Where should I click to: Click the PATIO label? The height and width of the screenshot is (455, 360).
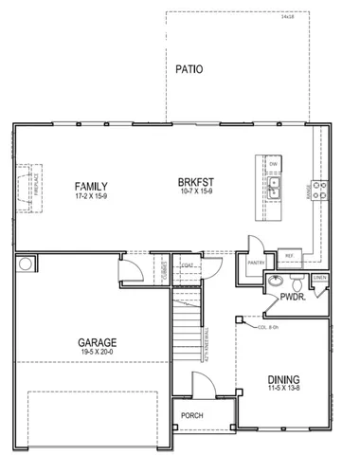point(190,69)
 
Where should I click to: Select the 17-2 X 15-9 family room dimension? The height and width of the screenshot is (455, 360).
point(92,197)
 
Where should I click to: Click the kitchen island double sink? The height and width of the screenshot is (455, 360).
point(273,194)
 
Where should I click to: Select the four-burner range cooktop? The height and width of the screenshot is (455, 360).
point(320,191)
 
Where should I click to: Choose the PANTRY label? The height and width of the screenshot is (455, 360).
point(254,263)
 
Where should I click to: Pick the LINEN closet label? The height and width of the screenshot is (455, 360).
point(320,278)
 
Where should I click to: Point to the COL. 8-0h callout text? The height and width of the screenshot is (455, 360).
point(271,328)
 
